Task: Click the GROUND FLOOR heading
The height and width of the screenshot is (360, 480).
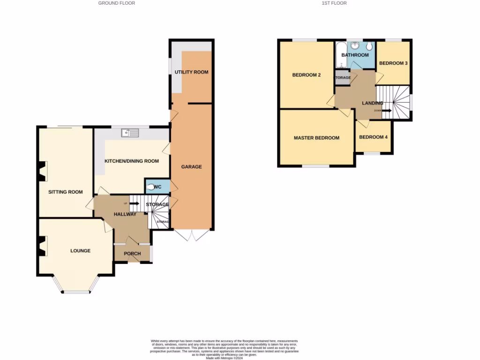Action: (117, 3)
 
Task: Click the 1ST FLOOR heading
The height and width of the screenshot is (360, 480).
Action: (334, 3)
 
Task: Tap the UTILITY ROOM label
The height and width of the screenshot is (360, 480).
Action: (191, 72)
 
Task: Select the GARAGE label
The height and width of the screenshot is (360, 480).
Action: (192, 166)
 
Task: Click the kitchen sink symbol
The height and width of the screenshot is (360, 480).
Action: (130, 133)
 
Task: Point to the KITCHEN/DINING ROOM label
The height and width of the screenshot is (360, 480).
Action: (132, 161)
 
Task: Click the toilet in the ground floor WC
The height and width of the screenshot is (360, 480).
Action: (150, 187)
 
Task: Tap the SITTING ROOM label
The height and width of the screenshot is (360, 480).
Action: (66, 192)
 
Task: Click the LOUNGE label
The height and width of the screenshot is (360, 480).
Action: (80, 251)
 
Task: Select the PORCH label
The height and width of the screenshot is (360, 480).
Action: (132, 254)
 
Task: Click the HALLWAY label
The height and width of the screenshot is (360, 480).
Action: (125, 214)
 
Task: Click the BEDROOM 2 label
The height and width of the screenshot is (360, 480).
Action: (307, 75)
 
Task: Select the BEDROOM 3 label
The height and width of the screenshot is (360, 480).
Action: (393, 63)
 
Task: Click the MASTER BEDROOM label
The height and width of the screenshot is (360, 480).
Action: (316, 138)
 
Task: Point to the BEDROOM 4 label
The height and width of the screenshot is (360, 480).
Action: (374, 137)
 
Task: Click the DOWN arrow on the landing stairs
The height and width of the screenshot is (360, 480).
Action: (386, 111)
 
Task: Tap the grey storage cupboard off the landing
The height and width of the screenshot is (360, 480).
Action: (342, 78)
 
